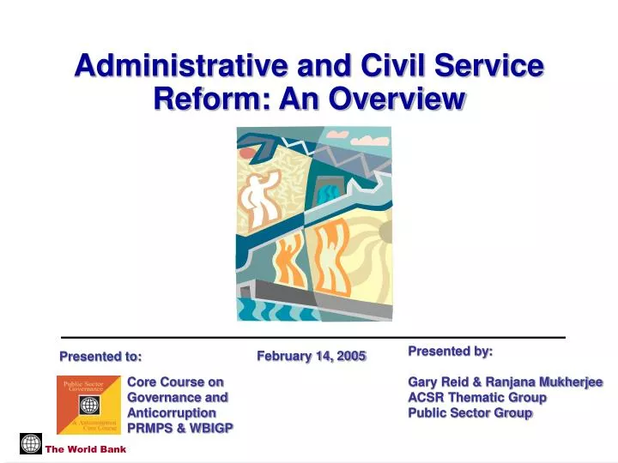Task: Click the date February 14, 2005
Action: tap(312, 356)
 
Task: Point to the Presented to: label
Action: tap(100, 357)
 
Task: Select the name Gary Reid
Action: tap(439, 382)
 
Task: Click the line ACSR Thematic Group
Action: tap(477, 398)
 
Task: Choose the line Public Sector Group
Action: tap(470, 413)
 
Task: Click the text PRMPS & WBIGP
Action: tap(180, 429)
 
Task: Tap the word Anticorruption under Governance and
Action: tap(172, 413)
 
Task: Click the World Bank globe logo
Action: tap(31, 444)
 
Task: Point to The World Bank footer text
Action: tap(86, 449)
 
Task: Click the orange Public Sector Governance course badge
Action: tap(89, 404)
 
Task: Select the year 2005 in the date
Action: tap(350, 356)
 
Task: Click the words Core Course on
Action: tap(175, 382)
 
